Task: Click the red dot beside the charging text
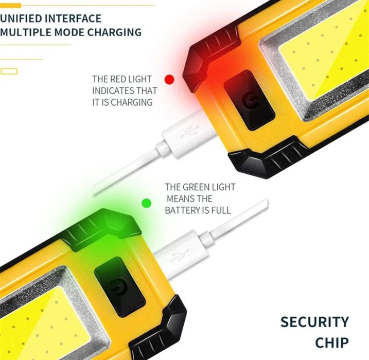[169, 80]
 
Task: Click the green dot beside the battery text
[147, 203]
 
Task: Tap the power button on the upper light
[249, 100]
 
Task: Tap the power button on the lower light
[119, 287]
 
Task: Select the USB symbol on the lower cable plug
[180, 256]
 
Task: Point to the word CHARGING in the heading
[115, 32]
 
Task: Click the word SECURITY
[314, 322]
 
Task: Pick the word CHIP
[332, 343]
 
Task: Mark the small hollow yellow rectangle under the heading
[9, 71]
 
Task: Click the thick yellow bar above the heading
[11, 5]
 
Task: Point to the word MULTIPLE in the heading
[26, 32]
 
